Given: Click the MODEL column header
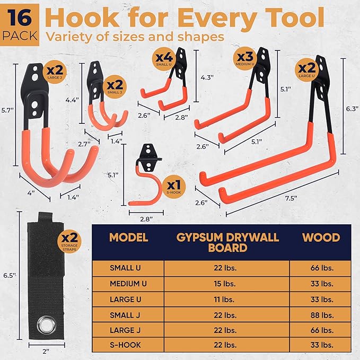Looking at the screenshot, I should point(128,236).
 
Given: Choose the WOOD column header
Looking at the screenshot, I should point(321,236).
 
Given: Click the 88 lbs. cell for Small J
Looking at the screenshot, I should point(321,313).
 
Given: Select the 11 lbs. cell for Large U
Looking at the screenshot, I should point(227,298).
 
